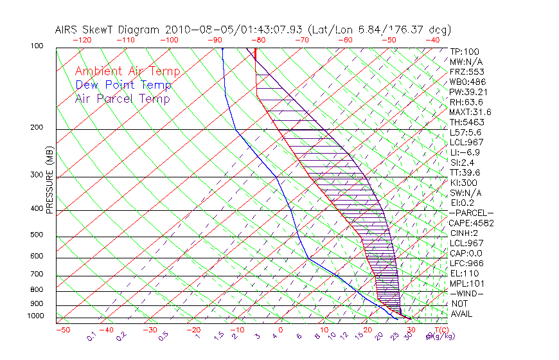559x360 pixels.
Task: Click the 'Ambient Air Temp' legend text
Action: [127, 71]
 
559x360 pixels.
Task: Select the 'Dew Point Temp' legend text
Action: [123, 85]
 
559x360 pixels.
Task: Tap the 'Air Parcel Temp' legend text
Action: [122, 98]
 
